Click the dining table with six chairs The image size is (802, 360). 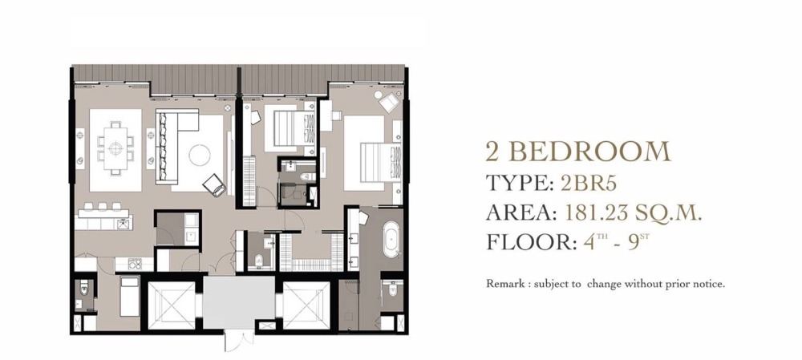click(x=115, y=148)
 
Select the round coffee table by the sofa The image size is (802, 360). click(x=200, y=155)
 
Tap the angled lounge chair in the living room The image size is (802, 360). click(x=214, y=184)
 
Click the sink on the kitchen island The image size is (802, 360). click(x=124, y=223)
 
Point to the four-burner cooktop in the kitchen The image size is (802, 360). click(x=135, y=264)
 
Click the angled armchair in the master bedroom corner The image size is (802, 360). click(x=387, y=100)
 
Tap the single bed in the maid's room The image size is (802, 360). click(x=129, y=295)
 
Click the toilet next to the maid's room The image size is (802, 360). click(x=85, y=290)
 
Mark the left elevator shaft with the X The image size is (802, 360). click(x=172, y=305)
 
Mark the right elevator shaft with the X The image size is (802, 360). click(x=306, y=305)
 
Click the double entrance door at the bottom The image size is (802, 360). click(x=239, y=340)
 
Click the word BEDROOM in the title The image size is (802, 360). click(x=590, y=152)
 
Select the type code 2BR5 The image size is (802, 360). click(x=589, y=183)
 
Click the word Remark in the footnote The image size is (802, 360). click(x=504, y=284)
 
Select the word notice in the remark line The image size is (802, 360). click(x=709, y=284)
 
